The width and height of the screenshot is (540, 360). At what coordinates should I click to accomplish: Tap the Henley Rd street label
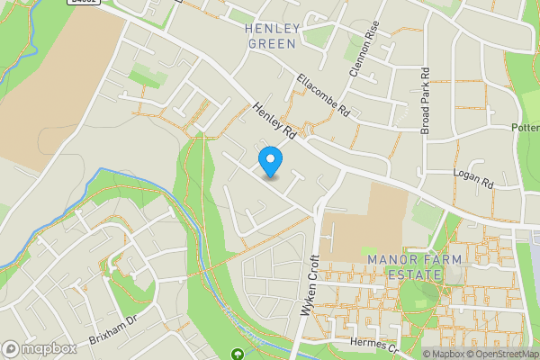point(274,120)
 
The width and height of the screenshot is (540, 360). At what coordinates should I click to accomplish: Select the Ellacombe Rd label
point(324,95)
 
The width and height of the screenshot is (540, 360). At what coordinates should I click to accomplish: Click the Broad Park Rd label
point(426,100)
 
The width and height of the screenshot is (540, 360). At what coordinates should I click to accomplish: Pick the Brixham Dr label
point(112,332)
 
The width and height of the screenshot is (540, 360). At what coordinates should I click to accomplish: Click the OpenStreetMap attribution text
point(500,354)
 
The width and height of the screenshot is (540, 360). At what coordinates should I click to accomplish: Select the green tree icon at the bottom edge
point(238,355)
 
